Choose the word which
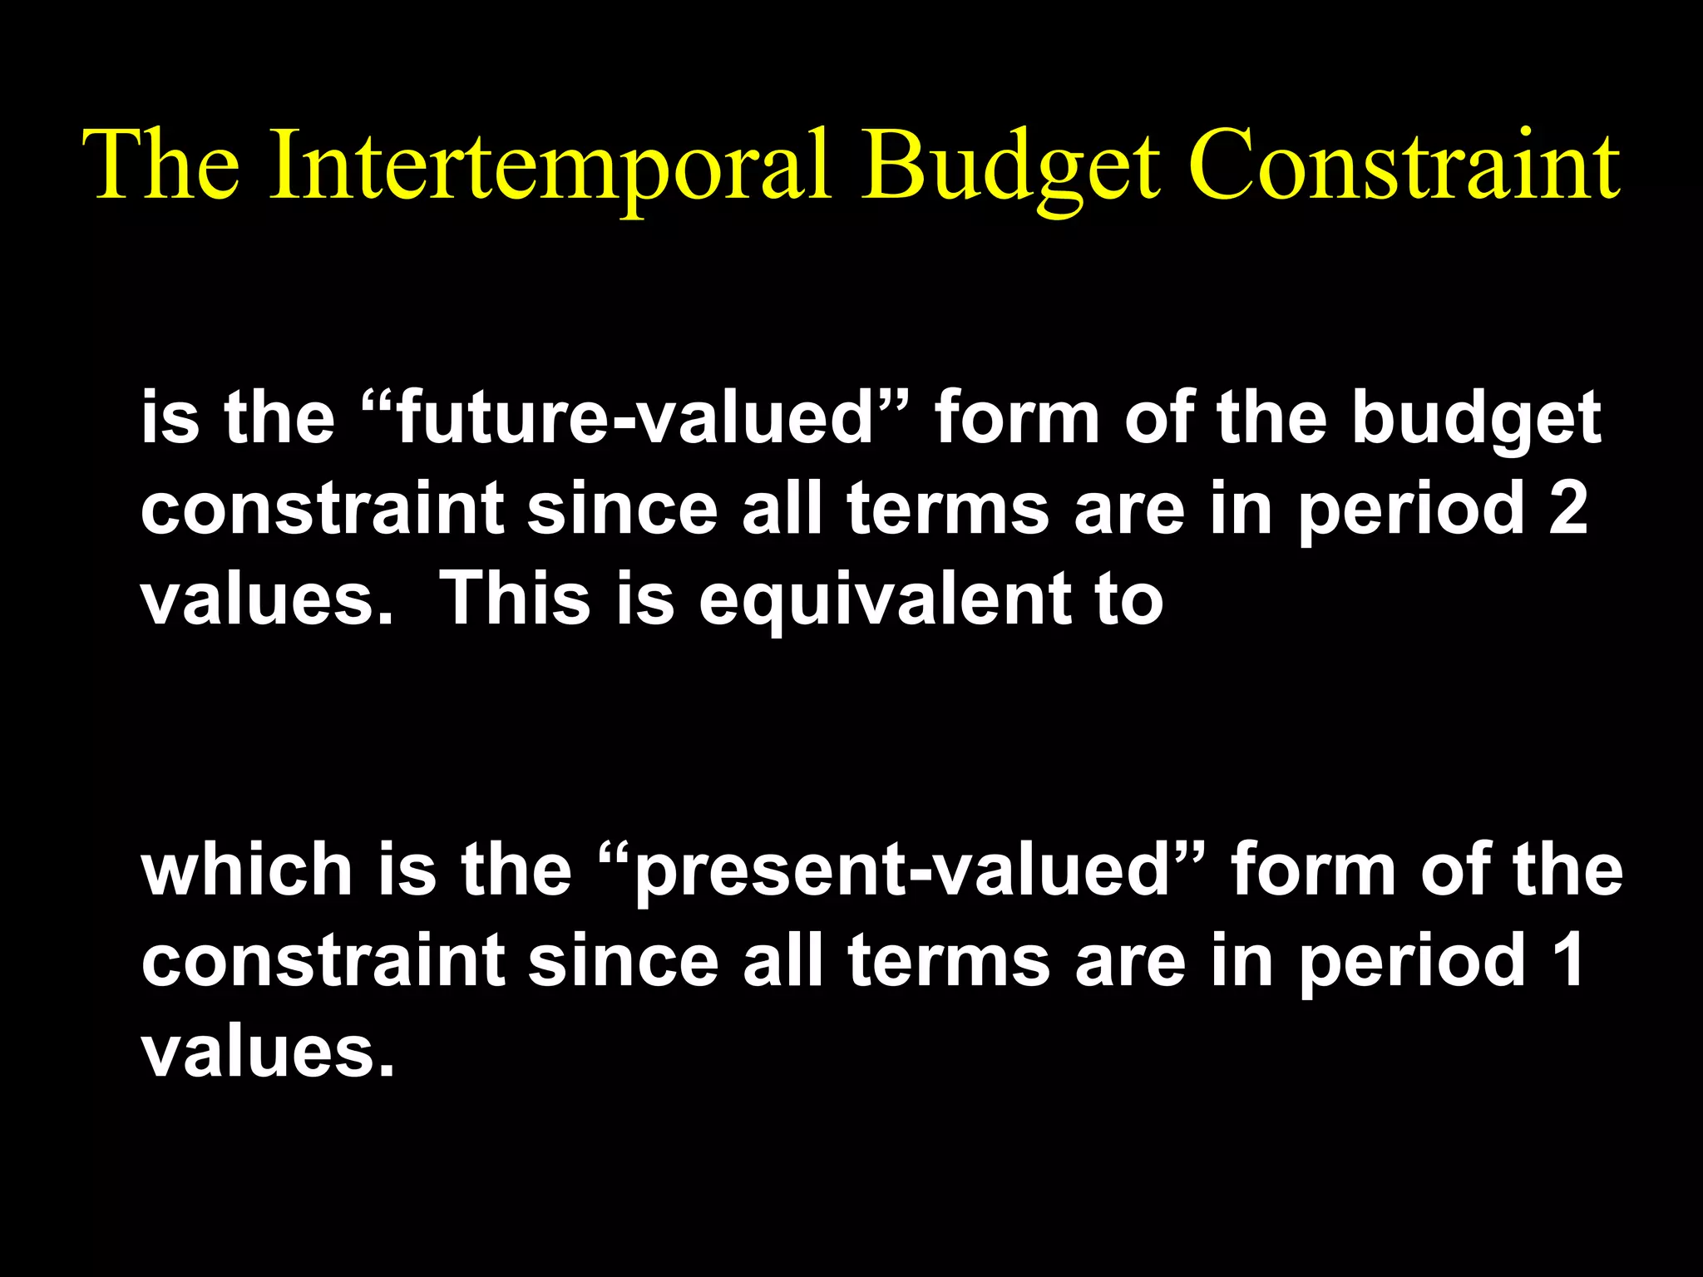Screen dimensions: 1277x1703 click(247, 870)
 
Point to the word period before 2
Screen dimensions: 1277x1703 click(1410, 509)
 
